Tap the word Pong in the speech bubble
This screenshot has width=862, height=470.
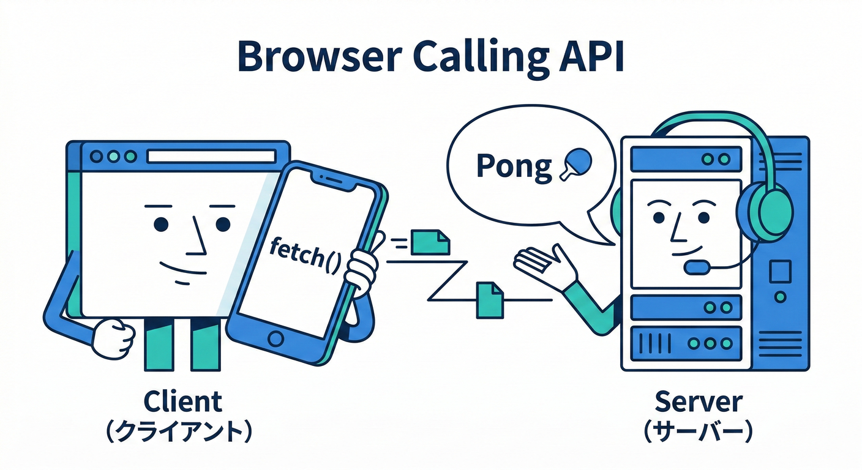(514, 166)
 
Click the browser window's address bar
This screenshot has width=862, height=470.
(211, 157)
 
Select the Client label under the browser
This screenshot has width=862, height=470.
(182, 402)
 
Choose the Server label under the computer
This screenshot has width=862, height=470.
(699, 402)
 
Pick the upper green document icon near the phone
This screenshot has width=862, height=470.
(430, 242)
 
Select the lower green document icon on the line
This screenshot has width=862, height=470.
(489, 299)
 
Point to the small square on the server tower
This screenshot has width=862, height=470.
(779, 270)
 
